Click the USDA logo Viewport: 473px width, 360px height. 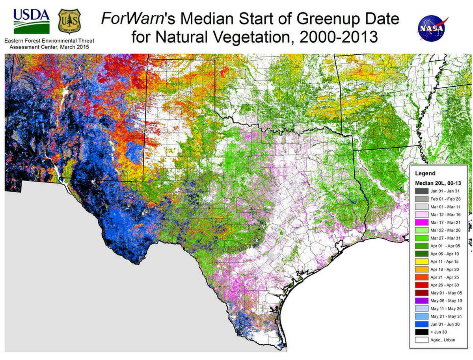[x=32, y=20]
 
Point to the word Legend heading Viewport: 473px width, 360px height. [x=424, y=173]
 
